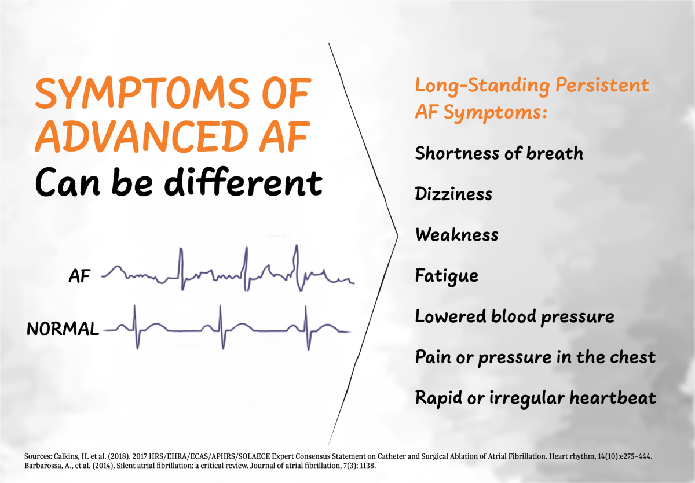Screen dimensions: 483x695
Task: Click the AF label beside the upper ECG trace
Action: click(79, 277)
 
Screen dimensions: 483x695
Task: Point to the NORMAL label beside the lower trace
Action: click(63, 330)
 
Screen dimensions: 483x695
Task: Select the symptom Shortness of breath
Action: click(499, 153)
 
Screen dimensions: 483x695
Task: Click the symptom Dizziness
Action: click(453, 194)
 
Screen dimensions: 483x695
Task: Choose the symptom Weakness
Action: click(456, 235)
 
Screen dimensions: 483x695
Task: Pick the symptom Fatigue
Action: click(447, 276)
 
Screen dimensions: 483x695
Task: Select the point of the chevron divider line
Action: click(398, 235)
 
